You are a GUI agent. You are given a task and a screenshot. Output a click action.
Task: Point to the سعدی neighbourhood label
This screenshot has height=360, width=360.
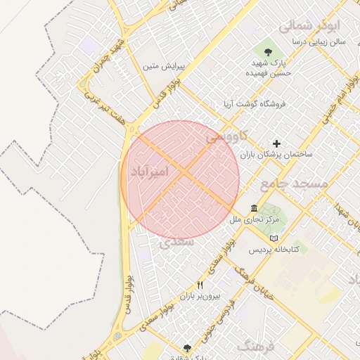pyautogui.click(x=176, y=241)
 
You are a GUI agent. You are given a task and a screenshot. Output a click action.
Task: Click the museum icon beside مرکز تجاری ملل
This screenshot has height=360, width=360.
pyautogui.click(x=254, y=209)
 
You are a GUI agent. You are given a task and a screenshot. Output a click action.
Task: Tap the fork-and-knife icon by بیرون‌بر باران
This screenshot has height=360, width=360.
pyautogui.click(x=200, y=285)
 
